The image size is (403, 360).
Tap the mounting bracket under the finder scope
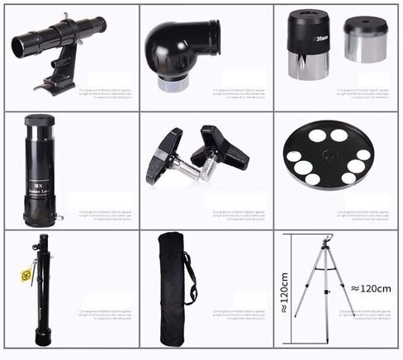[59, 73]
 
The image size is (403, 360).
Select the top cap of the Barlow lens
[39, 121]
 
